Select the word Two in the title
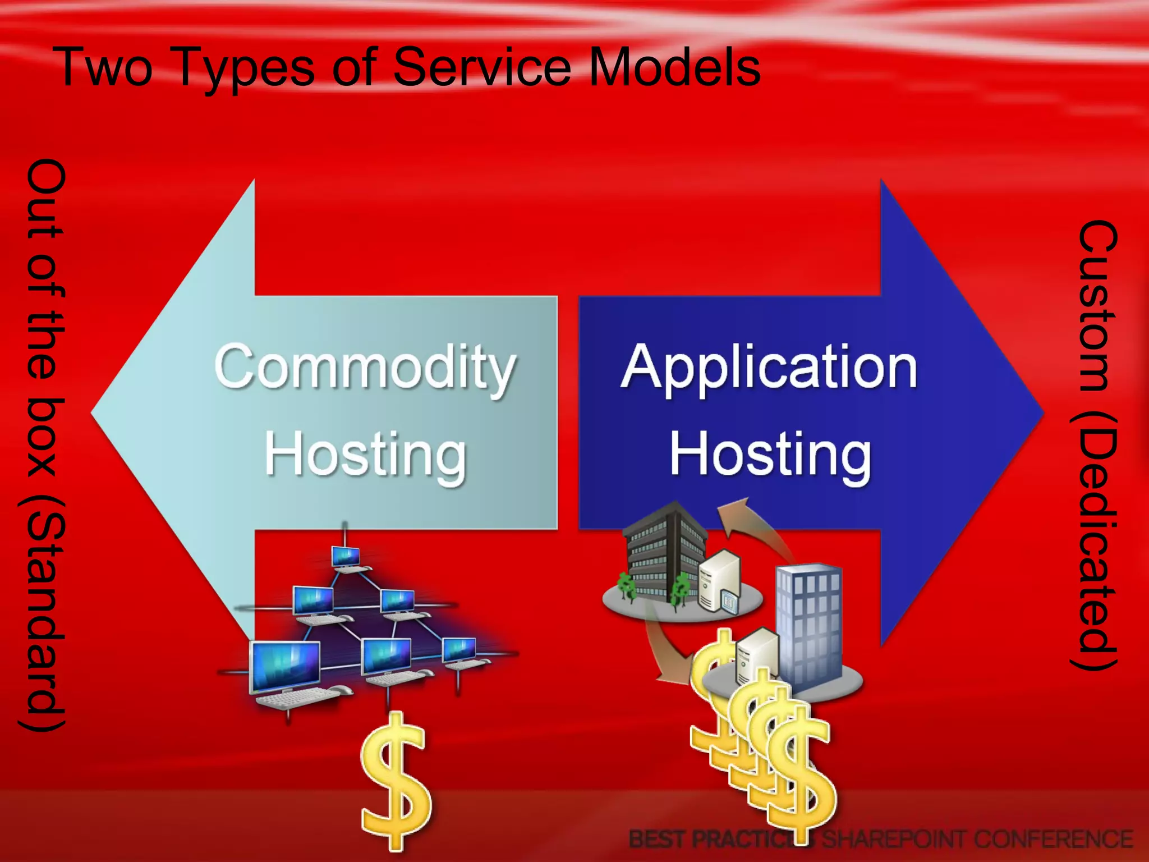click(104, 67)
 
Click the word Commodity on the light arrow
click(365, 368)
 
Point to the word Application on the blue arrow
click(769, 368)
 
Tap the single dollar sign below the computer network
click(395, 780)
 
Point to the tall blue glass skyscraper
click(808, 623)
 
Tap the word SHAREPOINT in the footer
click(893, 840)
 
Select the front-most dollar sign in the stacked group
click(799, 780)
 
